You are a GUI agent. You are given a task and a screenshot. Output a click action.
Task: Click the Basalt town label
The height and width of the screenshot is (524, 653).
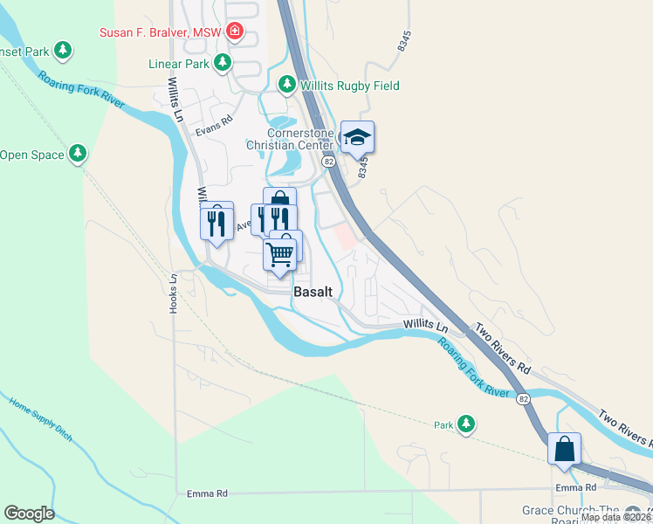coord(313,293)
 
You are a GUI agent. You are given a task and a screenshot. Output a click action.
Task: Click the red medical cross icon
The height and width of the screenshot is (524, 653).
coord(234,33)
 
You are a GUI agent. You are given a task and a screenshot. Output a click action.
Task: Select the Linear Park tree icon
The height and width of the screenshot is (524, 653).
coord(223,63)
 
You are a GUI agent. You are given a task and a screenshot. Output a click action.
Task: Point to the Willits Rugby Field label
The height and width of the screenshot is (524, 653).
coord(349,86)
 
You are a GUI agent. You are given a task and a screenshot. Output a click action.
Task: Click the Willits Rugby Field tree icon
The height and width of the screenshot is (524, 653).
coord(286,85)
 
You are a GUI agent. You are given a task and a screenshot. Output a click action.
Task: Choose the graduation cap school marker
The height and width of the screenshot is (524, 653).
coord(357,137)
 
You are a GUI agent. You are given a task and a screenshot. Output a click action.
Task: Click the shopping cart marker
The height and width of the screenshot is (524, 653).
coord(279,255)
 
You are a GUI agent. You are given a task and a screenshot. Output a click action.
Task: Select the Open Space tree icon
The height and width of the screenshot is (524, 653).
coord(78,155)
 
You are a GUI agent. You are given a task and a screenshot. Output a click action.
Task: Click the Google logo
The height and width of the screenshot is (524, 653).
coord(29,514)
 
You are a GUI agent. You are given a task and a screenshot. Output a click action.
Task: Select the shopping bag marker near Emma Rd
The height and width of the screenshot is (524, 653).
coord(565,450)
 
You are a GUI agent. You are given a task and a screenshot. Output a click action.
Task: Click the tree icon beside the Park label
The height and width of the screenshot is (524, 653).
coord(467,424)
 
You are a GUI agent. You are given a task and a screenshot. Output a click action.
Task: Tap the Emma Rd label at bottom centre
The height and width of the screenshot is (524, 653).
coord(207,493)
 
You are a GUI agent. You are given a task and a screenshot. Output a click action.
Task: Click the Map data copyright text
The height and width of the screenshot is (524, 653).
coord(616,517)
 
